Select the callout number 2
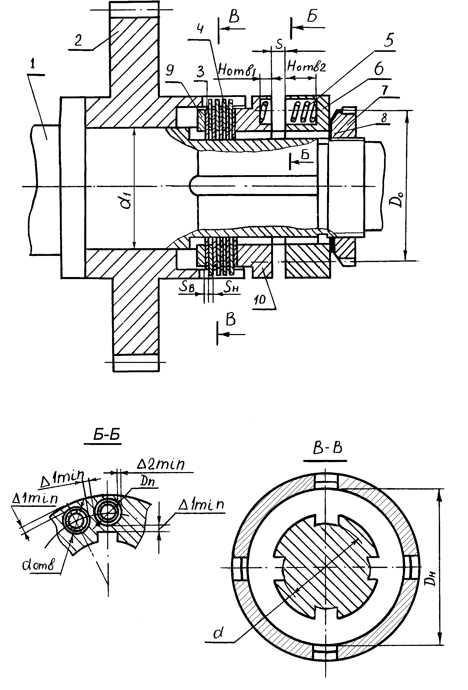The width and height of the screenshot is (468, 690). click(78, 40)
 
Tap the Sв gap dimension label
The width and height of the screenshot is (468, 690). click(187, 286)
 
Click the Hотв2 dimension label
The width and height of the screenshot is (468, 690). click(306, 67)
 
